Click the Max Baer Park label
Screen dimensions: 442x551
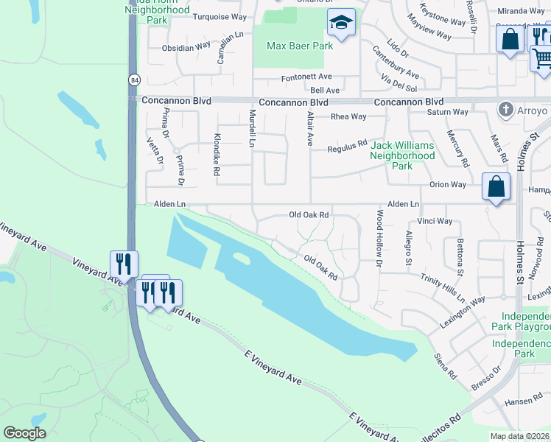tap(299, 46)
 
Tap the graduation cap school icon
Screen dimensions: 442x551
tap(342, 24)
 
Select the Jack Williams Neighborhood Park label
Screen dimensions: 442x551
tap(401, 155)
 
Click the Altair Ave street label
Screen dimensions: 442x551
tap(310, 127)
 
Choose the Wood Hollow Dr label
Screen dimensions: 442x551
tap(379, 238)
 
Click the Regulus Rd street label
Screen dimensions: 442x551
tap(347, 148)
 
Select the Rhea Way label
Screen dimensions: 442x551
tap(348, 116)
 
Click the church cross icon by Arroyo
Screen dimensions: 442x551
tap(505, 110)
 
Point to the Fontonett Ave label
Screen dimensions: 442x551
tap(306, 77)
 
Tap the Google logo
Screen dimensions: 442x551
tap(25, 432)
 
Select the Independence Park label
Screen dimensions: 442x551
tap(523, 348)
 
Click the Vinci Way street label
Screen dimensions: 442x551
tap(435, 221)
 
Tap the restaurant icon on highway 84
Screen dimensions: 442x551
tap(123, 264)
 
